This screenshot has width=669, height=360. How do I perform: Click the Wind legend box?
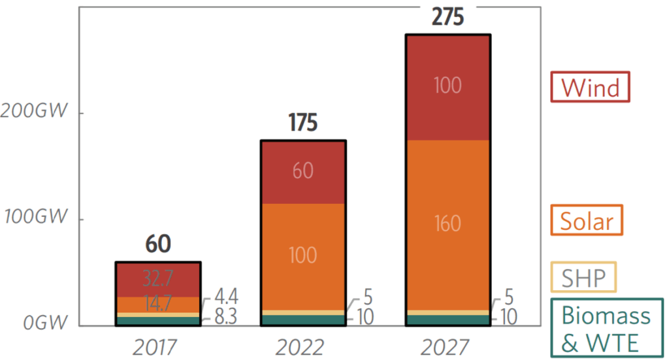tap(590, 87)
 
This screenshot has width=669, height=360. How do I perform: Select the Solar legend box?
tap(587, 220)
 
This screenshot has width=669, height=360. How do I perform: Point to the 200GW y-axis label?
tap(34, 111)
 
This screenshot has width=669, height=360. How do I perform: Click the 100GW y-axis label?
tap(34, 218)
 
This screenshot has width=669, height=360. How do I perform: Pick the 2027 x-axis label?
tap(448, 345)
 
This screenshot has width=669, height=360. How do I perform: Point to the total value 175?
tap(302, 123)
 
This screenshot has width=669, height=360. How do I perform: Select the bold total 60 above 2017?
tap(157, 245)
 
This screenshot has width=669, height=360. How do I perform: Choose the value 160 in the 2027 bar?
tap(448, 224)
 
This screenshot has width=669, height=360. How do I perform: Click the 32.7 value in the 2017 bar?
tap(157, 279)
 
